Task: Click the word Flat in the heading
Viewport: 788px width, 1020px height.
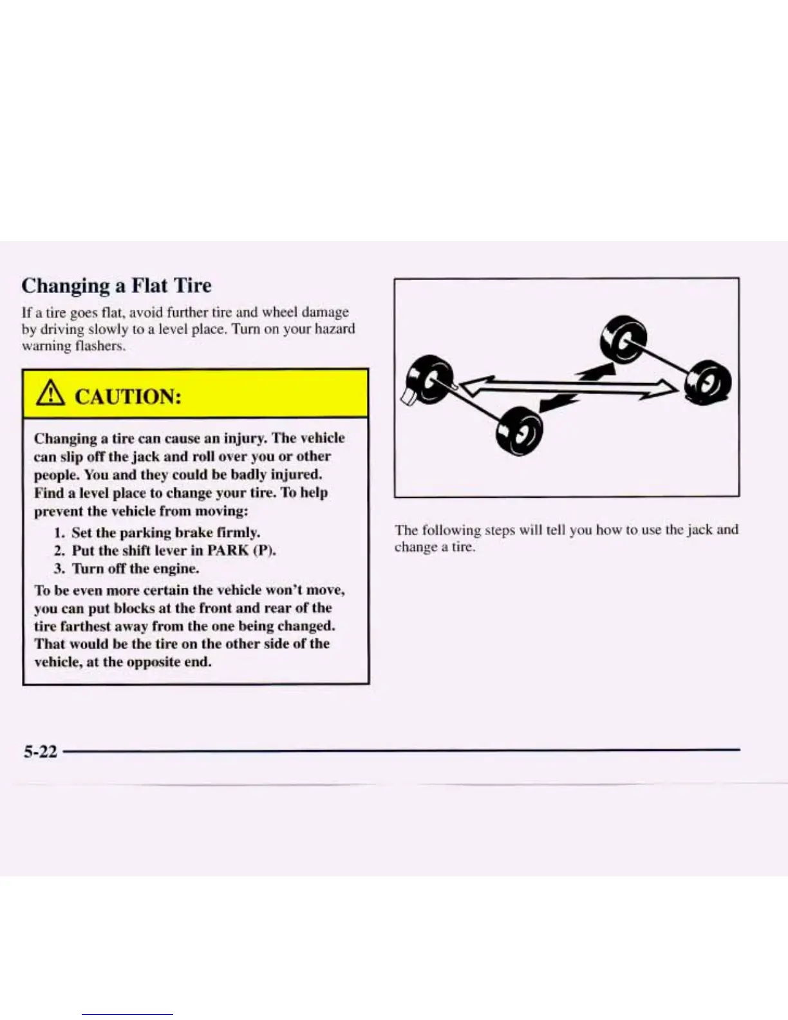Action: [x=149, y=285]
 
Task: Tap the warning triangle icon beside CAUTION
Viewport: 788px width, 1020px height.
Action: [x=49, y=394]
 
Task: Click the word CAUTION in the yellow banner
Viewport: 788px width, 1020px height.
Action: [x=127, y=395]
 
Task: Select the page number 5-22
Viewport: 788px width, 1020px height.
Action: [x=40, y=751]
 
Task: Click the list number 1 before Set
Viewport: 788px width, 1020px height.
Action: [x=59, y=533]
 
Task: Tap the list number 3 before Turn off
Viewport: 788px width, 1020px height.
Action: [x=59, y=569]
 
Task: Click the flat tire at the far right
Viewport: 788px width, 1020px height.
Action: [x=708, y=383]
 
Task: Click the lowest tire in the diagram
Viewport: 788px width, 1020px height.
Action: [x=520, y=431]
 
